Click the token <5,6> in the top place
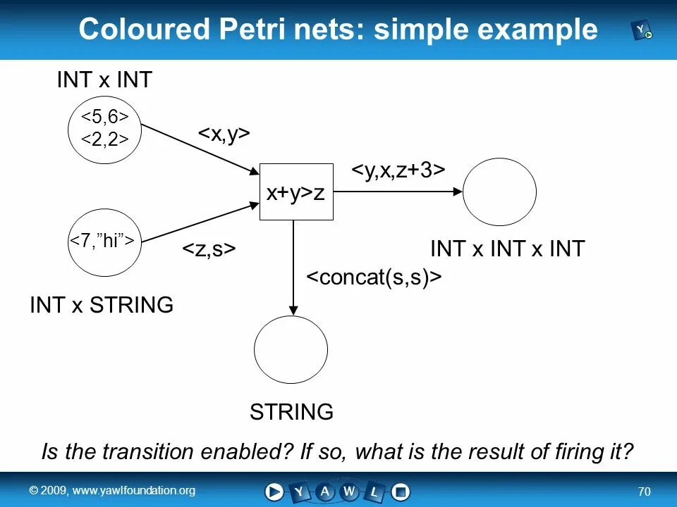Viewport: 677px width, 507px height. (105, 115)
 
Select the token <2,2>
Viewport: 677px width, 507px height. (105, 140)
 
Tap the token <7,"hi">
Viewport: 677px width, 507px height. (103, 241)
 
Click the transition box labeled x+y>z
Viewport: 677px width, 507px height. (296, 192)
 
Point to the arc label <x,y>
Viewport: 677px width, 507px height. (224, 134)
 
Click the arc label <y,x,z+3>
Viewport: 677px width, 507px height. (398, 171)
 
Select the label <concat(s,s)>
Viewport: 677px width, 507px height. (374, 277)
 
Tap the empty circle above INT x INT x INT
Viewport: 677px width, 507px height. (499, 192)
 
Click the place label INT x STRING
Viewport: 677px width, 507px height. (102, 305)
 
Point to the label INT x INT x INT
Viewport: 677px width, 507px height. (507, 249)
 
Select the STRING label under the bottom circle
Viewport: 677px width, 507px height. (291, 412)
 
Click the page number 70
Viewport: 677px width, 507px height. (643, 491)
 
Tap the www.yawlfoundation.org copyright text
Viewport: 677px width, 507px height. (111, 490)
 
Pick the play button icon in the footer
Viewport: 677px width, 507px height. (274, 492)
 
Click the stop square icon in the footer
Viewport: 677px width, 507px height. (401, 492)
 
